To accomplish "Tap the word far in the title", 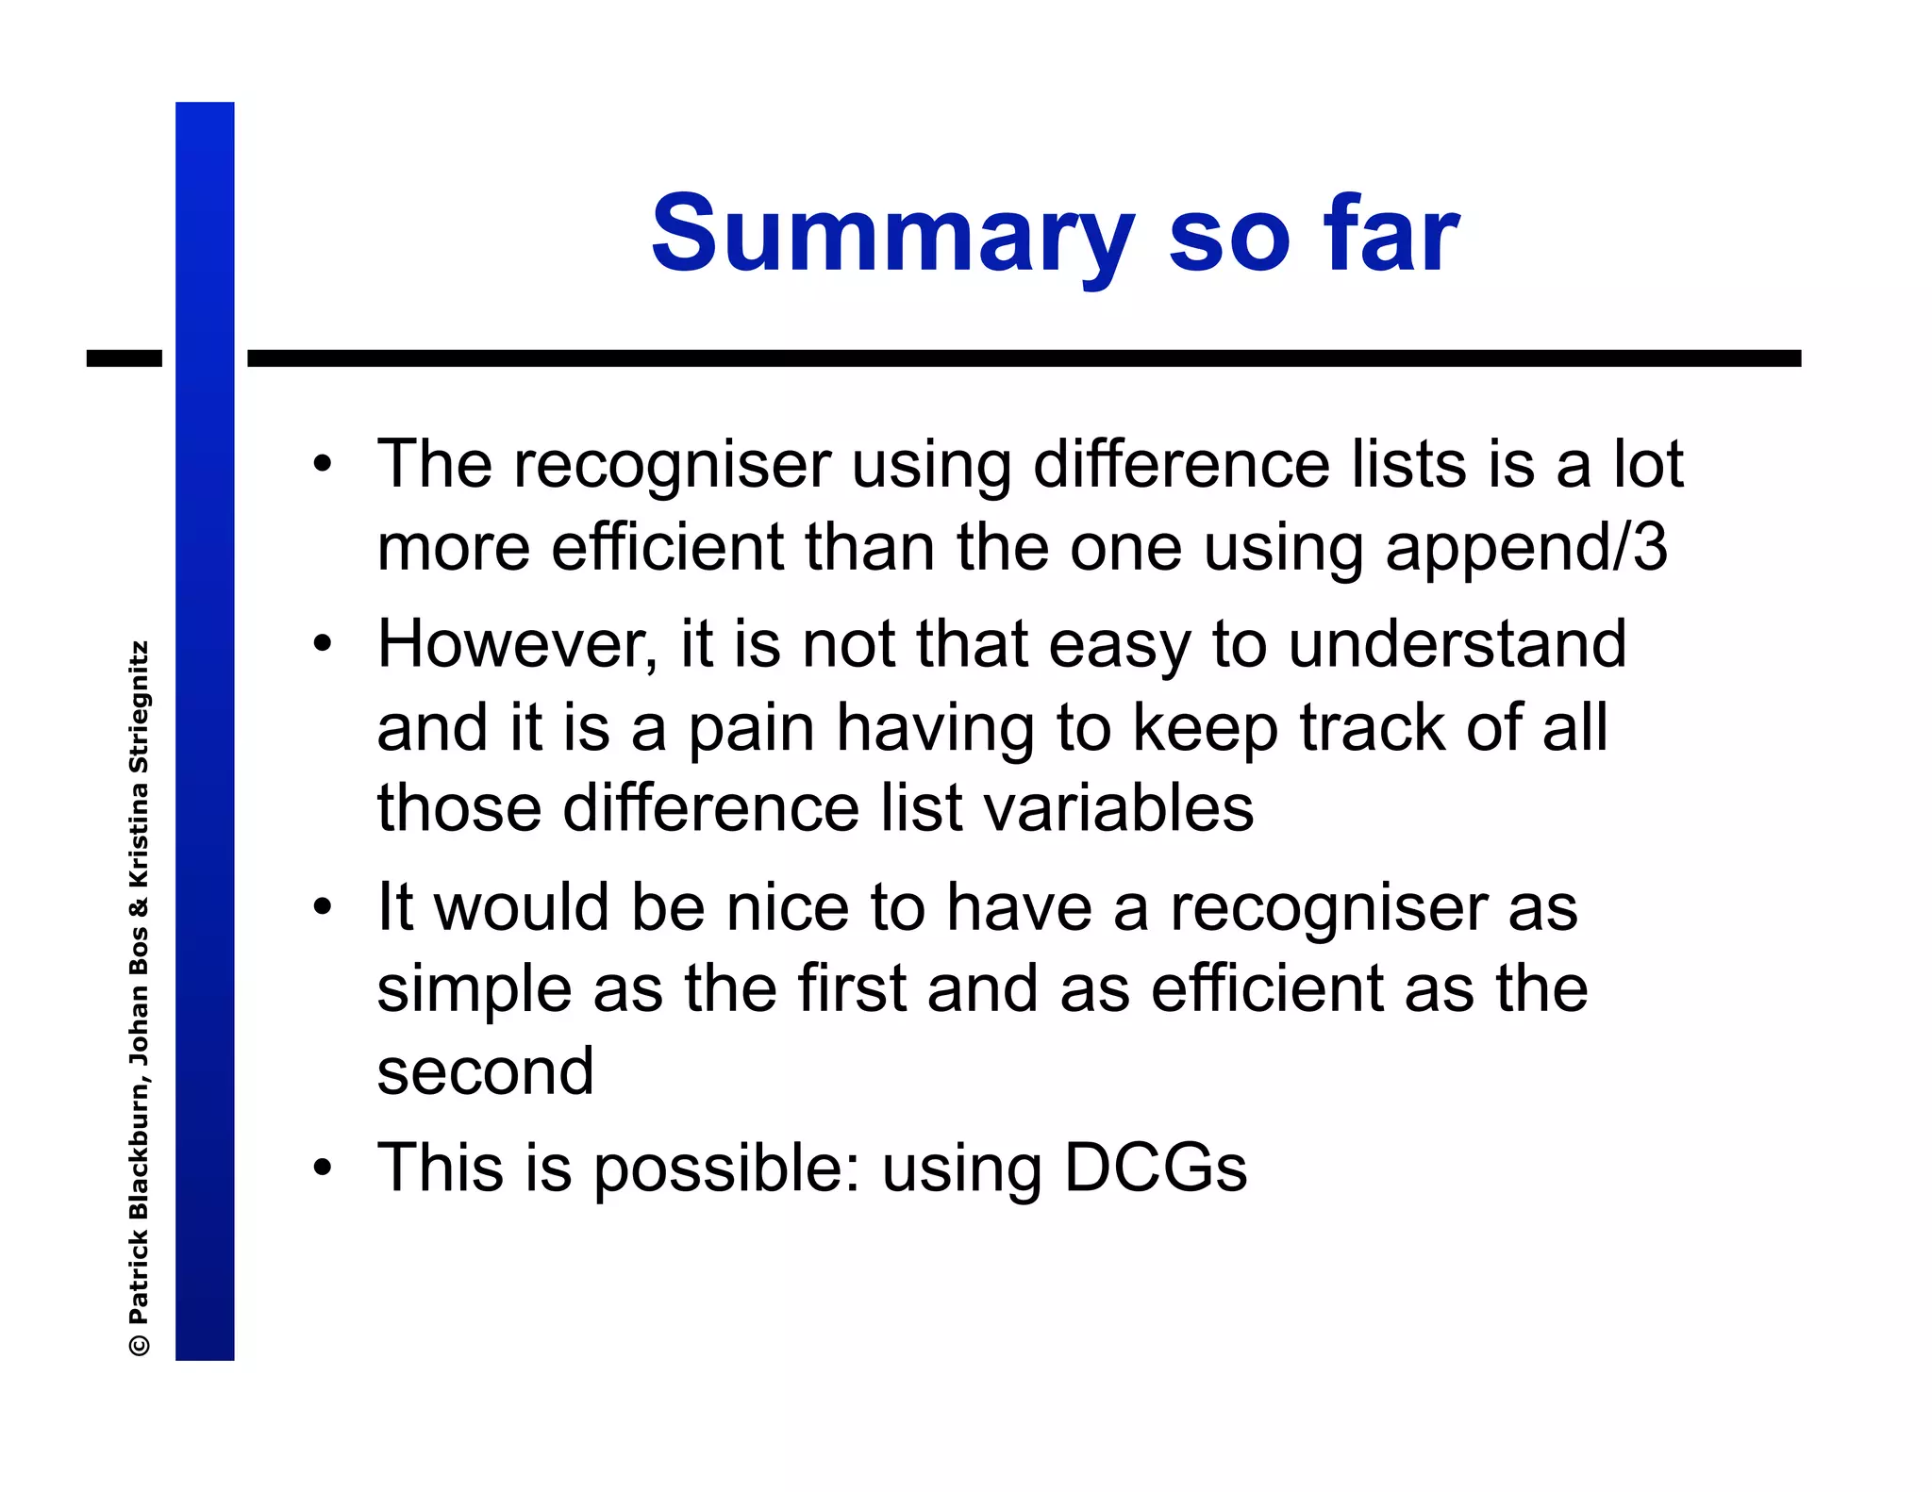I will (1390, 234).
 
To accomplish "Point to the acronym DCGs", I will (1155, 1168).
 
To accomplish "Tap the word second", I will (485, 1071).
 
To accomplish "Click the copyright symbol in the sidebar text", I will (140, 1344).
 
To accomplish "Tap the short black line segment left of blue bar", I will (124, 358).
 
